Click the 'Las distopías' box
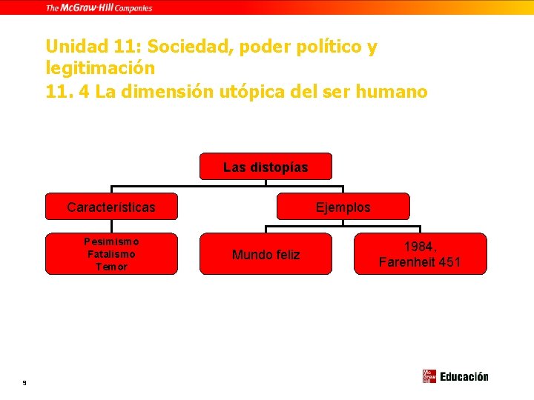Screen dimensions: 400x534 [266, 167]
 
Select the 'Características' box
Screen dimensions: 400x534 [111, 207]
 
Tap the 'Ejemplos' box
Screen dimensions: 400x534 [343, 207]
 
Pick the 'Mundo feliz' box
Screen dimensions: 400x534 [266, 254]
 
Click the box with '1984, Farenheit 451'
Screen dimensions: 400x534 [420, 254]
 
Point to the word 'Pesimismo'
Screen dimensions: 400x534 [111, 241]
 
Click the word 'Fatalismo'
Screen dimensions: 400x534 [111, 254]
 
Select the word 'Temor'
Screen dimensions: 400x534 [111, 267]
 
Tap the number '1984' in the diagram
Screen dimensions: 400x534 [420, 246]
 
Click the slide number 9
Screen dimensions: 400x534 [24, 382]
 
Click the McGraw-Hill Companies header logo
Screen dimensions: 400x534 [99, 7]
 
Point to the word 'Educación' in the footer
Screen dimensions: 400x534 [464, 376]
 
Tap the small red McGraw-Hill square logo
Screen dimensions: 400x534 [429, 376]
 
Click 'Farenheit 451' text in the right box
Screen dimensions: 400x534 [420, 262]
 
